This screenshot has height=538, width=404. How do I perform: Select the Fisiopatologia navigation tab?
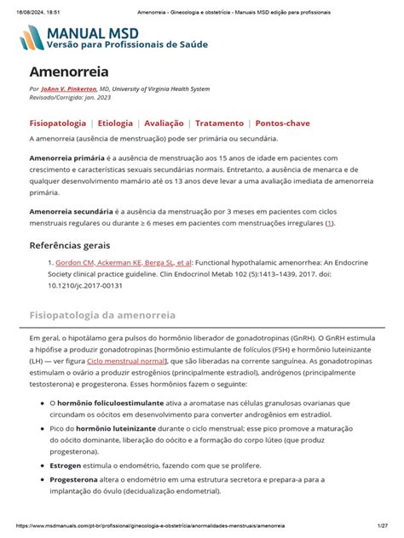pyautogui.click(x=57, y=123)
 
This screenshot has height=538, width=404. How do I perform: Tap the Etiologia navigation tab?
pyautogui.click(x=114, y=123)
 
